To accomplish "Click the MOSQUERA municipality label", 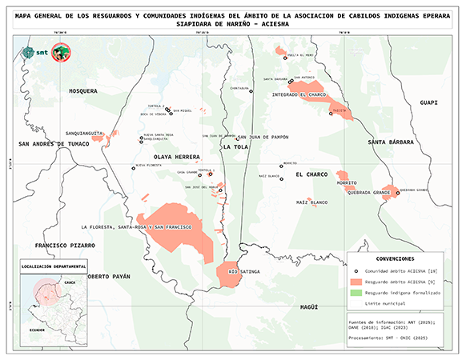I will point(82,91).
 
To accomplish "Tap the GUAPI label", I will point(429,102).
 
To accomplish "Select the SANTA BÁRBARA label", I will point(389,142).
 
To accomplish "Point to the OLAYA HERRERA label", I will point(176,157).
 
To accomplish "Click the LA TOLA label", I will point(236,147).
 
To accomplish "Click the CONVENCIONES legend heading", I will point(395,259).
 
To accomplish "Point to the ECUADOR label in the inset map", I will point(38,329).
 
